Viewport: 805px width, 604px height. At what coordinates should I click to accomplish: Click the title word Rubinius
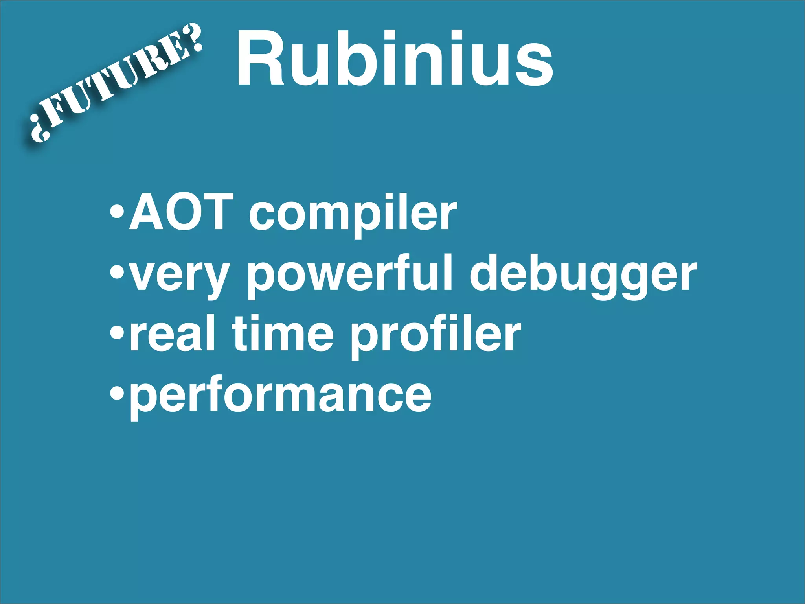click(395, 59)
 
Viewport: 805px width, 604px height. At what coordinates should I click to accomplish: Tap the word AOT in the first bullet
click(179, 213)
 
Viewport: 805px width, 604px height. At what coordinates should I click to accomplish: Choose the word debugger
click(583, 275)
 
